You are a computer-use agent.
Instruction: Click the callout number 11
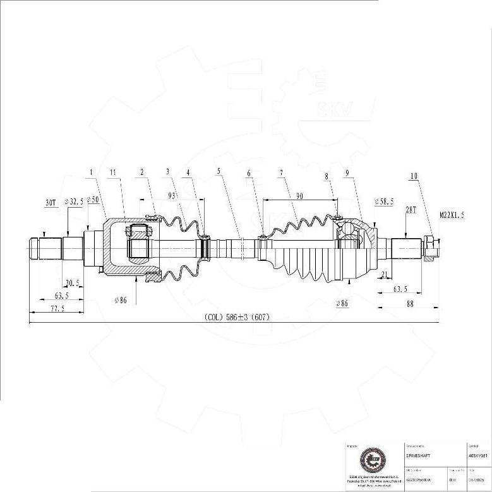[112, 172]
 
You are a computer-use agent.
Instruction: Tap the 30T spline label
[51, 202]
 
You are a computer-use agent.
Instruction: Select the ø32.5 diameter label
[74, 201]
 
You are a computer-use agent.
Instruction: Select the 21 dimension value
[385, 273]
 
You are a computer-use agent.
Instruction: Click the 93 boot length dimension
[172, 196]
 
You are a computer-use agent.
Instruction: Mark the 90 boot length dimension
[299, 196]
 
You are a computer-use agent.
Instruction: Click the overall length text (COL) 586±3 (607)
[236, 317]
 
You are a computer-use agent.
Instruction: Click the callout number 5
[219, 172]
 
